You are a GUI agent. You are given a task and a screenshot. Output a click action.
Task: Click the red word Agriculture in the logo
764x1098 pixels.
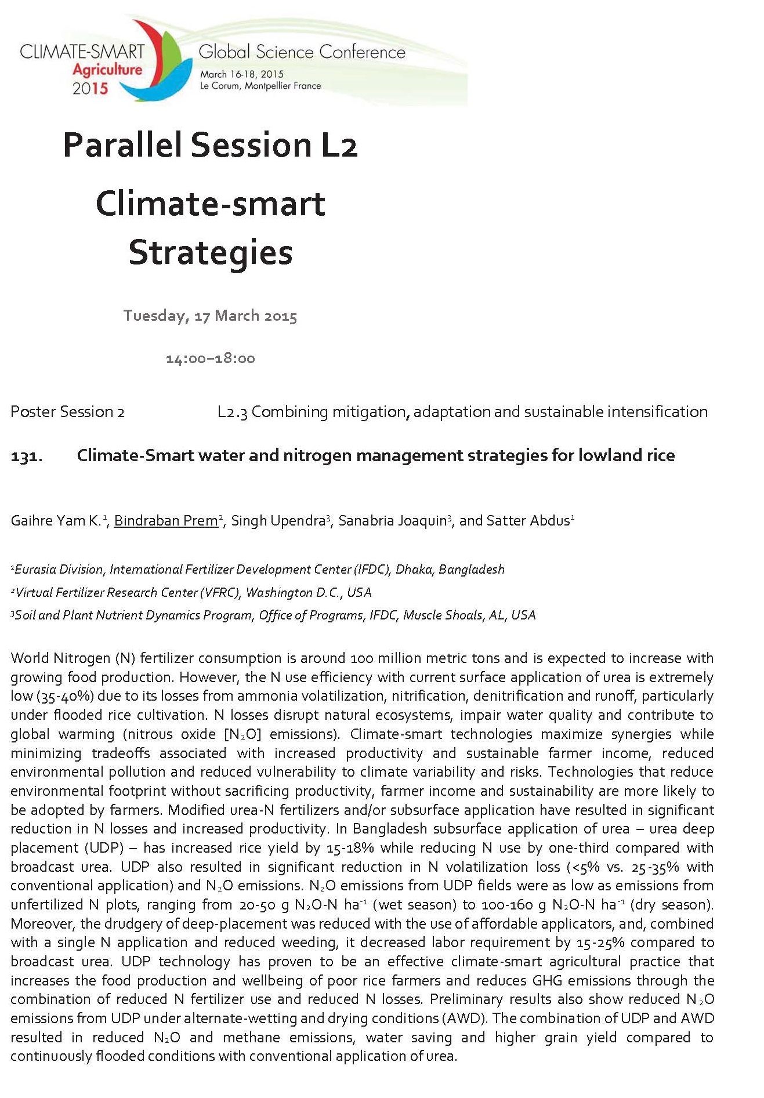107,70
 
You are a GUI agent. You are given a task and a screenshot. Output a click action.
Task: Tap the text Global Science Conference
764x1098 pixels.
302,52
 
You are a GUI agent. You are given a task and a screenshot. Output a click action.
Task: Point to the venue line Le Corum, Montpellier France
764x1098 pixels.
260,86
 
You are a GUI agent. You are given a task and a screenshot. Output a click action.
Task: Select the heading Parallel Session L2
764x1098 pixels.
210,144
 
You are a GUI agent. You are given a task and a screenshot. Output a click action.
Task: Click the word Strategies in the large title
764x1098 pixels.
211,252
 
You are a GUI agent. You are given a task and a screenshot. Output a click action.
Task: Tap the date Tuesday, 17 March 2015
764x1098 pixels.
210,316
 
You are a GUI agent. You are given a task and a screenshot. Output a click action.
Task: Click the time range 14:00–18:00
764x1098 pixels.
211,358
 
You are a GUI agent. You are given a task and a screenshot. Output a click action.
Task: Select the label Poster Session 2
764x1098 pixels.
67,412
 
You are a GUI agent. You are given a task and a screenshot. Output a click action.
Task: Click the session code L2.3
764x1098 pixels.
233,412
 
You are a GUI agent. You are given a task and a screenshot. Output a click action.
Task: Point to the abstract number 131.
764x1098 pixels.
26,456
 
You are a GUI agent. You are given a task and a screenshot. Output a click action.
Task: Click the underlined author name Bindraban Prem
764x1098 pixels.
166,521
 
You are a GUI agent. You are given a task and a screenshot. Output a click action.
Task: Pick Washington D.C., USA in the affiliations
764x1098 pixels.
309,593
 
